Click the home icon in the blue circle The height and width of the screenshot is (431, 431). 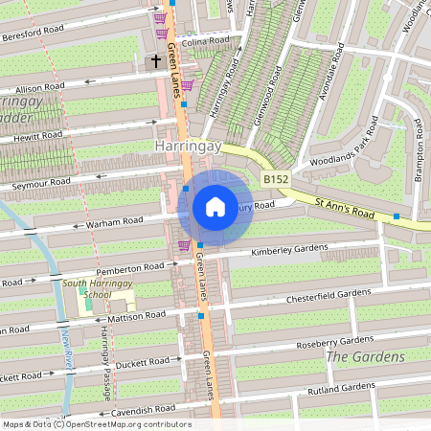(215, 206)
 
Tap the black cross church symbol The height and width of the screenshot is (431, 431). (155, 61)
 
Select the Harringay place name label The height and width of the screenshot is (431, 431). (188, 147)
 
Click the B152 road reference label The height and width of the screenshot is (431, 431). (276, 179)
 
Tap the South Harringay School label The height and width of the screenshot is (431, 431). (86, 288)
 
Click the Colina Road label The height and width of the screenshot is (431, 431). (207, 41)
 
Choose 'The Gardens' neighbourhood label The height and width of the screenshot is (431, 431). (365, 357)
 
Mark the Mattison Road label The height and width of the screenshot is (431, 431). (138, 314)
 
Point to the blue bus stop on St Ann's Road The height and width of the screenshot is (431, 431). (396, 216)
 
